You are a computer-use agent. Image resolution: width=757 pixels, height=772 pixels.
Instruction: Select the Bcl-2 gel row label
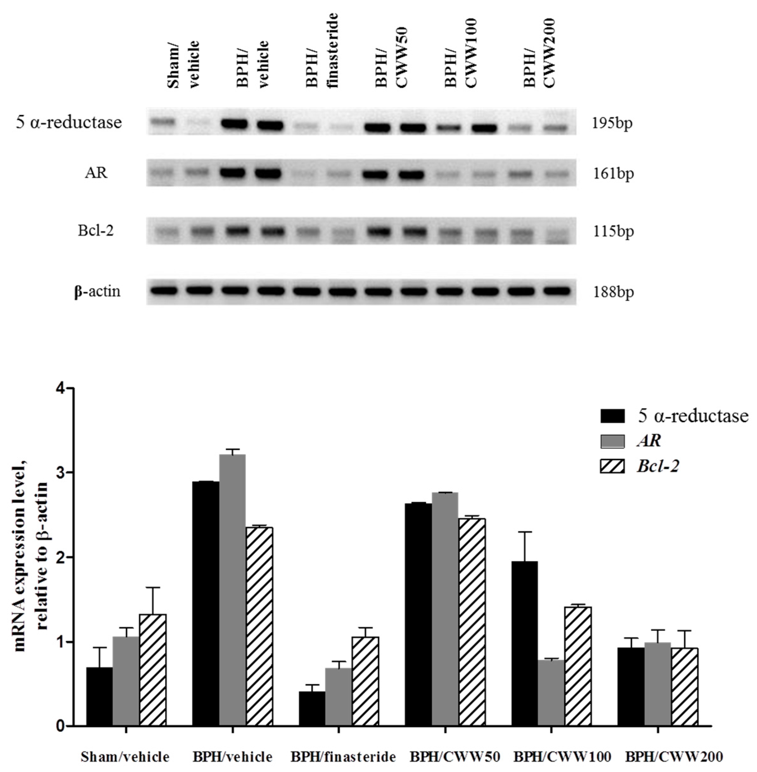click(x=96, y=231)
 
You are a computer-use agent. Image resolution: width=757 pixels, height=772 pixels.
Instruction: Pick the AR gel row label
click(x=96, y=173)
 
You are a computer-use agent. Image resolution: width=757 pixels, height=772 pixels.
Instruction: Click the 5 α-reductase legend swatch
click(x=613, y=416)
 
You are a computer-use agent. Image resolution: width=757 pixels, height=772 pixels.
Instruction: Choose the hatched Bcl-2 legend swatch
click(x=613, y=466)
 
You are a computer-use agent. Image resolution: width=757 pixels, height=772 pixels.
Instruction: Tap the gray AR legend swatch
click(x=613, y=441)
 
